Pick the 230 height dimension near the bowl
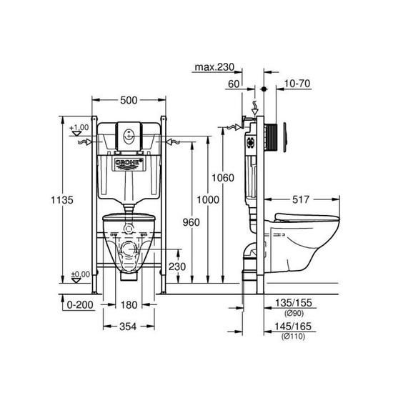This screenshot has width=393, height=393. coord(179,267)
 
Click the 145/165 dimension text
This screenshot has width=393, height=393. coord(293,327)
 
